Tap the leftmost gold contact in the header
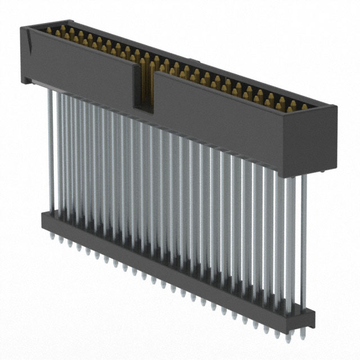[56, 30]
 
